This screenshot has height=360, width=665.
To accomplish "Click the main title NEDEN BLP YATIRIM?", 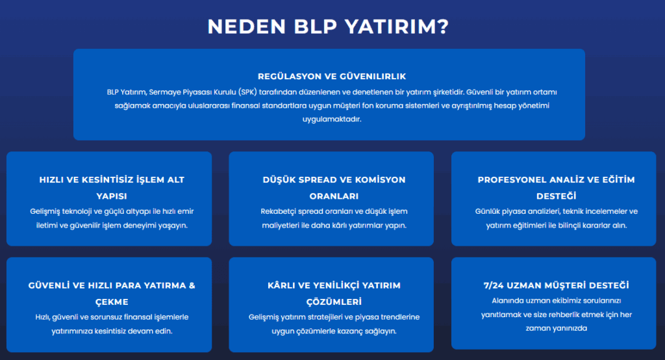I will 329,26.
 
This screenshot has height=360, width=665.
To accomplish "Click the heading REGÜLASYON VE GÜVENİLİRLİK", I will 332,76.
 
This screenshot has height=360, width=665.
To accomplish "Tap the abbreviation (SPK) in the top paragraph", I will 247,92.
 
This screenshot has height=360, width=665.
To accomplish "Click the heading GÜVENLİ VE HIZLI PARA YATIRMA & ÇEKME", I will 112,294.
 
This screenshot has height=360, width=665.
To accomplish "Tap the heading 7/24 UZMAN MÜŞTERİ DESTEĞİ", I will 557,285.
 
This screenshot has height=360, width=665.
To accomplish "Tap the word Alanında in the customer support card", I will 507,301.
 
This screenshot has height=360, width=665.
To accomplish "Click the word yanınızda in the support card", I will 570,328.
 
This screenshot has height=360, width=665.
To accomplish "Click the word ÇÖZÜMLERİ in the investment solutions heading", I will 334,302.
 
